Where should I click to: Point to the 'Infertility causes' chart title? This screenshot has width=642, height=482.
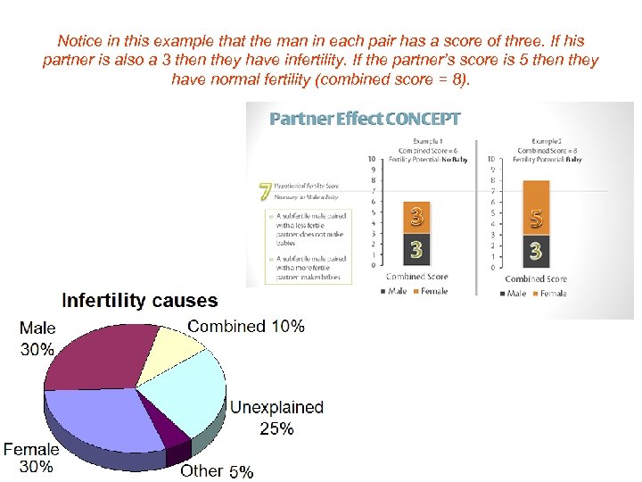pyautogui.click(x=139, y=301)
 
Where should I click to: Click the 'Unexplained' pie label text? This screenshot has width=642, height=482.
pyautogui.click(x=276, y=407)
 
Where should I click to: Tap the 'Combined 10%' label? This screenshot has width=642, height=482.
pyautogui.click(x=245, y=326)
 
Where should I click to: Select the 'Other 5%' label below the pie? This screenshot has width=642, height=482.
pyautogui.click(x=217, y=470)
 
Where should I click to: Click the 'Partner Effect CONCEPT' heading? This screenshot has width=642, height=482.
pyautogui.click(x=365, y=119)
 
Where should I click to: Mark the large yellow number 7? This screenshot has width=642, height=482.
pyautogui.click(x=265, y=191)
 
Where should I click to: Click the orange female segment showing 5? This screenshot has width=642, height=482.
pyautogui.click(x=535, y=208)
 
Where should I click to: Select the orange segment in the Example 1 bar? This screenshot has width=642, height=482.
pyautogui.click(x=416, y=216)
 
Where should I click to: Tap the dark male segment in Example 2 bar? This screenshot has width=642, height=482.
pyautogui.click(x=535, y=251)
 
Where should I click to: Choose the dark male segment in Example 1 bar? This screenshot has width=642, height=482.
pyautogui.click(x=416, y=250)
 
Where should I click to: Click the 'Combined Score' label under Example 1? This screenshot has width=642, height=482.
pyautogui.click(x=416, y=277)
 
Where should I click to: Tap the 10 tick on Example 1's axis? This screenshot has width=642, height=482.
pyautogui.click(x=371, y=159)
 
